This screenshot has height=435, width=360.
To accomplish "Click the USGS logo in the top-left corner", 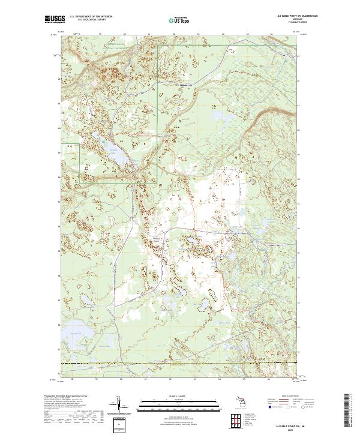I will pos(55,19).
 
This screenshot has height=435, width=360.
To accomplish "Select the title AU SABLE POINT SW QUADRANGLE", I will pos(285,16).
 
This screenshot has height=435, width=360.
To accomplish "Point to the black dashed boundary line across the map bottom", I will pos(180,364).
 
